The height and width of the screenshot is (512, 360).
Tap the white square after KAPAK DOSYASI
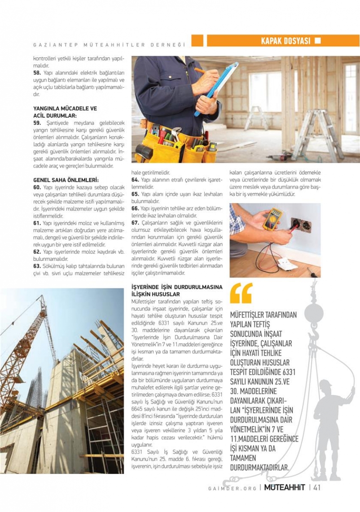click(x=318, y=41)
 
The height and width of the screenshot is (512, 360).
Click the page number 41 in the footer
click(x=317, y=487)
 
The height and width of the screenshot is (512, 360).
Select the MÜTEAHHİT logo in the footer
click(x=285, y=487)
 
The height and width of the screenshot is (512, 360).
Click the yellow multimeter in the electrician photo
click(x=272, y=219)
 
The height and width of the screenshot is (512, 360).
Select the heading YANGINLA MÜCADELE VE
click(x=65, y=109)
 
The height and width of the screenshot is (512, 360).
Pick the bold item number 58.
click(x=37, y=72)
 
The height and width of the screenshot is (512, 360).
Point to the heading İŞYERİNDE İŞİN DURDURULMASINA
click(x=176, y=287)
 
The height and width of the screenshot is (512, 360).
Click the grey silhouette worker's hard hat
click(x=327, y=385)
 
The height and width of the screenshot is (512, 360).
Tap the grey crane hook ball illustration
click(x=314, y=313)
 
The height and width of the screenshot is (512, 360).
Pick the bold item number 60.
click(x=37, y=187)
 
